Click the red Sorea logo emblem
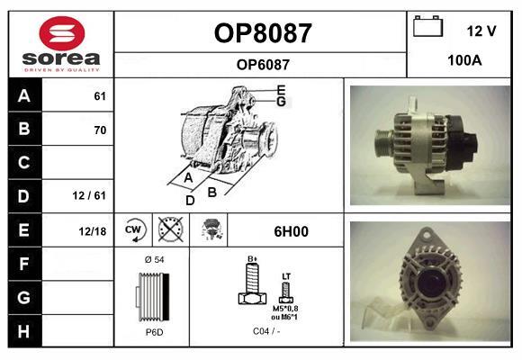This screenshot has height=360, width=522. pos(62,33)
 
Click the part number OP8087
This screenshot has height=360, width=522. pos(263,33)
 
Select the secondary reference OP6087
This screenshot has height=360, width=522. pos(263,65)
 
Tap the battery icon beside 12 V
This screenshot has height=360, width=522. pos(427,26)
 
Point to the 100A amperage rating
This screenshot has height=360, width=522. pos(464,60)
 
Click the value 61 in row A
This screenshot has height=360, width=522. pos(100,96)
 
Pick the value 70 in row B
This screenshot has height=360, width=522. pos(100,130)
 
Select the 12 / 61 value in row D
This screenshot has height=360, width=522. pos(89,195)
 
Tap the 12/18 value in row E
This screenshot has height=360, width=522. pos(92,231)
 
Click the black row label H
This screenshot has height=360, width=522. pos(24,331)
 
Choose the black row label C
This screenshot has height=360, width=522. pos(24,163)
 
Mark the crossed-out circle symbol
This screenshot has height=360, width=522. pos(170,229)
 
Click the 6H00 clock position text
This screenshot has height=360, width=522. pos(291,231)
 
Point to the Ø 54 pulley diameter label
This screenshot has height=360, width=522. pos(155,260)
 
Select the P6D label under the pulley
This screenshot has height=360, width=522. pos(155,332)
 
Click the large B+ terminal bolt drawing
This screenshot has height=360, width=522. pos(253,283)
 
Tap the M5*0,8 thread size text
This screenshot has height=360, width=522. pos(285,309)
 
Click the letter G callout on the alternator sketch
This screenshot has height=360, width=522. pos(282,102)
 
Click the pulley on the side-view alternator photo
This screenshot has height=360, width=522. pos(383,146)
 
